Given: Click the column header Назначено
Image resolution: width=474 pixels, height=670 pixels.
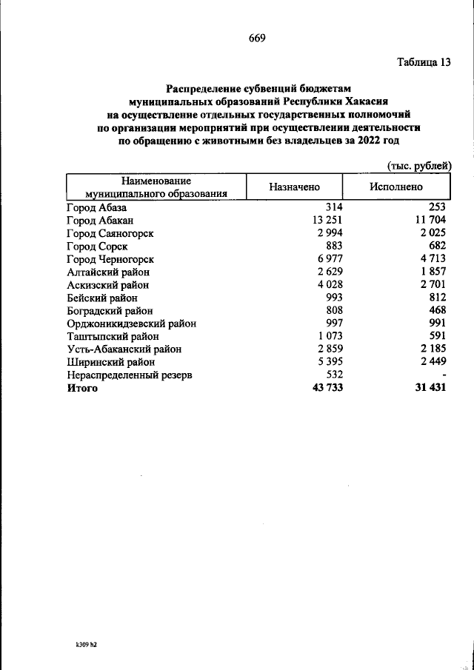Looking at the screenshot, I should point(294,188).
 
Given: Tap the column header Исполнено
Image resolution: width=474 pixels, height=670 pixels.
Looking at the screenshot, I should point(395,188).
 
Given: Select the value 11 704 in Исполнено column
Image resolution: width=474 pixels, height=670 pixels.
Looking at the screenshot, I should point(427,220).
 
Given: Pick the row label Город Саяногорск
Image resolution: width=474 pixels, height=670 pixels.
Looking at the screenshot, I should point(110,232).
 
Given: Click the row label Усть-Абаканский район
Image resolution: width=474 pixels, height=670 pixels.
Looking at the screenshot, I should point(124,349).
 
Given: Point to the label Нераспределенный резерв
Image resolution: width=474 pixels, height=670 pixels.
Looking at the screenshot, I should point(129,375).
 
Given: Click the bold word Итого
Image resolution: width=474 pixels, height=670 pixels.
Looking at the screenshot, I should point(81,388).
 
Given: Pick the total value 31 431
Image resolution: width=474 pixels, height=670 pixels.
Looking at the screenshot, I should point(427,388).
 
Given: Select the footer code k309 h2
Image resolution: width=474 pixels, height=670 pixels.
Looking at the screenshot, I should point(87,645).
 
